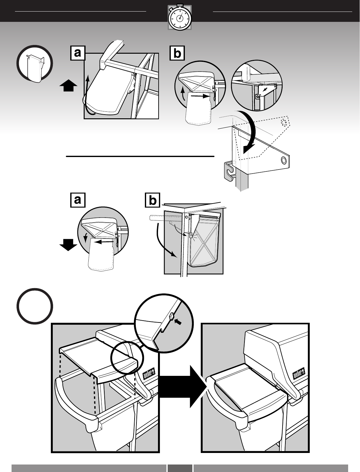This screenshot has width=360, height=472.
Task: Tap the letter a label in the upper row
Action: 78,53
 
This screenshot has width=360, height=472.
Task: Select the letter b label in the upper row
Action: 177,53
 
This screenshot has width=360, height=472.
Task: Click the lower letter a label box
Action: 78,200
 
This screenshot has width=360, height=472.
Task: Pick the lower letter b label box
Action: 152,200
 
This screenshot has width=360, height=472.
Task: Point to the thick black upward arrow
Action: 68,85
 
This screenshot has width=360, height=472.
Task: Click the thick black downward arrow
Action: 68,245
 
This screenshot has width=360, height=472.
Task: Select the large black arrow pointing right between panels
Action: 183,387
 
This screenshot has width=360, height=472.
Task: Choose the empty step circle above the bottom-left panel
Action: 35,306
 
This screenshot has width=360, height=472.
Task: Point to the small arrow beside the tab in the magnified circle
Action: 178,322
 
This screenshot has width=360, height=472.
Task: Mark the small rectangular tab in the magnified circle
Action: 171,316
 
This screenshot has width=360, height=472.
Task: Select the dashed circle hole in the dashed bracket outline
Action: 284,121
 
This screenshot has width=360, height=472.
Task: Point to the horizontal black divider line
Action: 140,156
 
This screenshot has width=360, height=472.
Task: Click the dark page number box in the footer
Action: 180,468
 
